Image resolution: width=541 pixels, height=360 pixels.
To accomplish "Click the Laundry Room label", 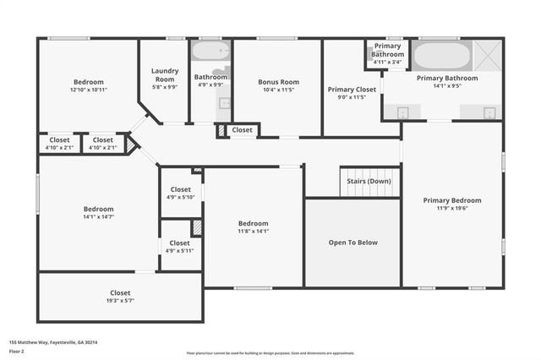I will pyautogui.click(x=164, y=75).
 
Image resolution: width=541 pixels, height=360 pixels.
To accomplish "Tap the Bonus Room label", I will pyautogui.click(x=279, y=82).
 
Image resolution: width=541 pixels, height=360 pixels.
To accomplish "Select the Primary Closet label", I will pyautogui.click(x=352, y=89).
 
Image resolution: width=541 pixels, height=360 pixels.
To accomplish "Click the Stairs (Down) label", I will pyautogui.click(x=369, y=180).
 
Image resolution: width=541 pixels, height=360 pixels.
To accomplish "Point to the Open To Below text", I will pyautogui.click(x=352, y=243).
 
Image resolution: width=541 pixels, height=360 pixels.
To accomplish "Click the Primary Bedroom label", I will pyautogui.click(x=452, y=200).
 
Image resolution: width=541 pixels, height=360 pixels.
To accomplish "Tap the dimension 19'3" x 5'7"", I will pyautogui.click(x=120, y=300).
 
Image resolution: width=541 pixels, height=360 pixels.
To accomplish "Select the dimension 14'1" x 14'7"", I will pyautogui.click(x=98, y=217).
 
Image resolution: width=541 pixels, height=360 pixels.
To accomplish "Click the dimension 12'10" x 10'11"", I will pyautogui.click(x=88, y=90).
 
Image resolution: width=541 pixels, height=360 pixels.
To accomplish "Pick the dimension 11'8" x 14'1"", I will pyautogui.click(x=253, y=231).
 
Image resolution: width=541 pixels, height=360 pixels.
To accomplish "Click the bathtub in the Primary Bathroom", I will pyautogui.click(x=442, y=57).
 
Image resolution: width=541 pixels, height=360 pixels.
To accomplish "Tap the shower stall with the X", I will pyautogui.click(x=488, y=56).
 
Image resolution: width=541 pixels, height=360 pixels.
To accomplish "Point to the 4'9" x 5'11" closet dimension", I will pyautogui.click(x=181, y=250).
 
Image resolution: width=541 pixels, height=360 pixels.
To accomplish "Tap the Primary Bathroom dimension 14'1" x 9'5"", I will pyautogui.click(x=447, y=85).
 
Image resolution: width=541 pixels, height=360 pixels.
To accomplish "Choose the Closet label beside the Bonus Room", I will pyautogui.click(x=242, y=130).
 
